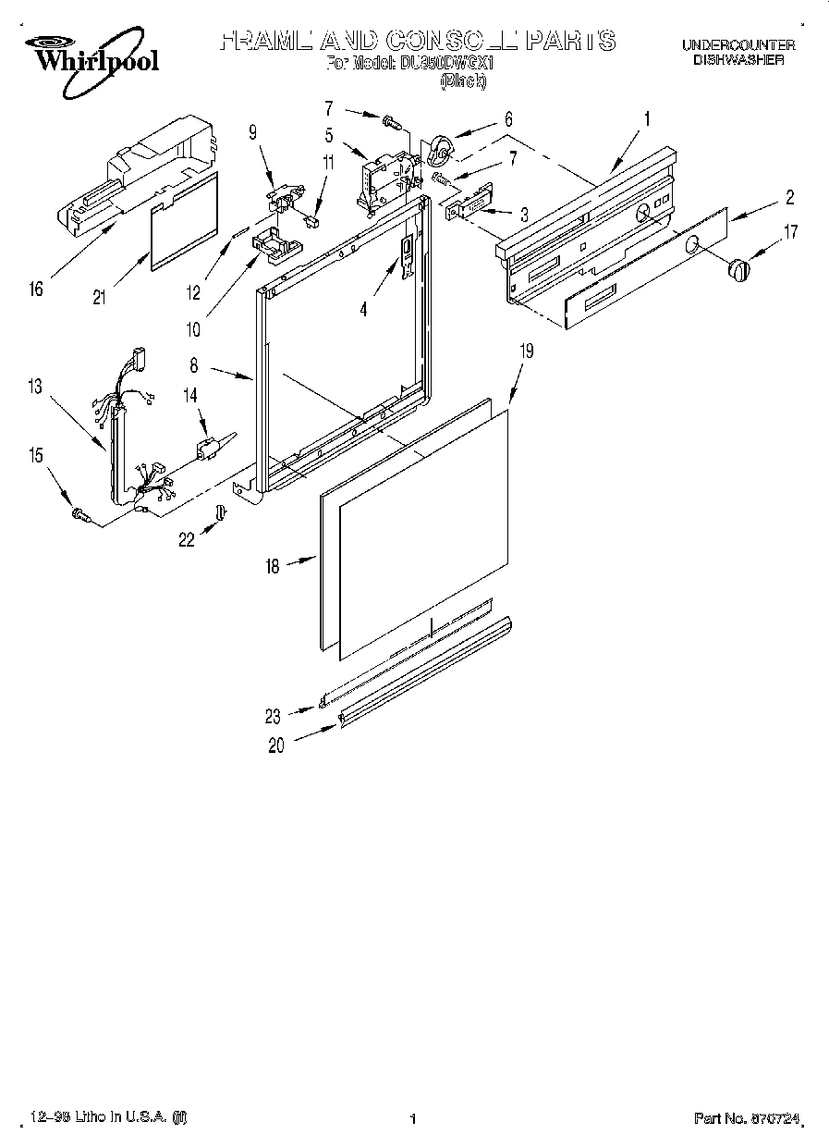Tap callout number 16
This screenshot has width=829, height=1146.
36,290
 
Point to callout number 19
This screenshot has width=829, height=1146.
525,351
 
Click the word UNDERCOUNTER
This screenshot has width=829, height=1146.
738,44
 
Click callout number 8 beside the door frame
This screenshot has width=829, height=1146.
194,366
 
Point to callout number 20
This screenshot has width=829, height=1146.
276,746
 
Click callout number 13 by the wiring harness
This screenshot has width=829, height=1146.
35,388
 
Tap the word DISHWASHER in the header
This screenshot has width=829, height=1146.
738,59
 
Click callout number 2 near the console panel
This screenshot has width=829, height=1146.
790,197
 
